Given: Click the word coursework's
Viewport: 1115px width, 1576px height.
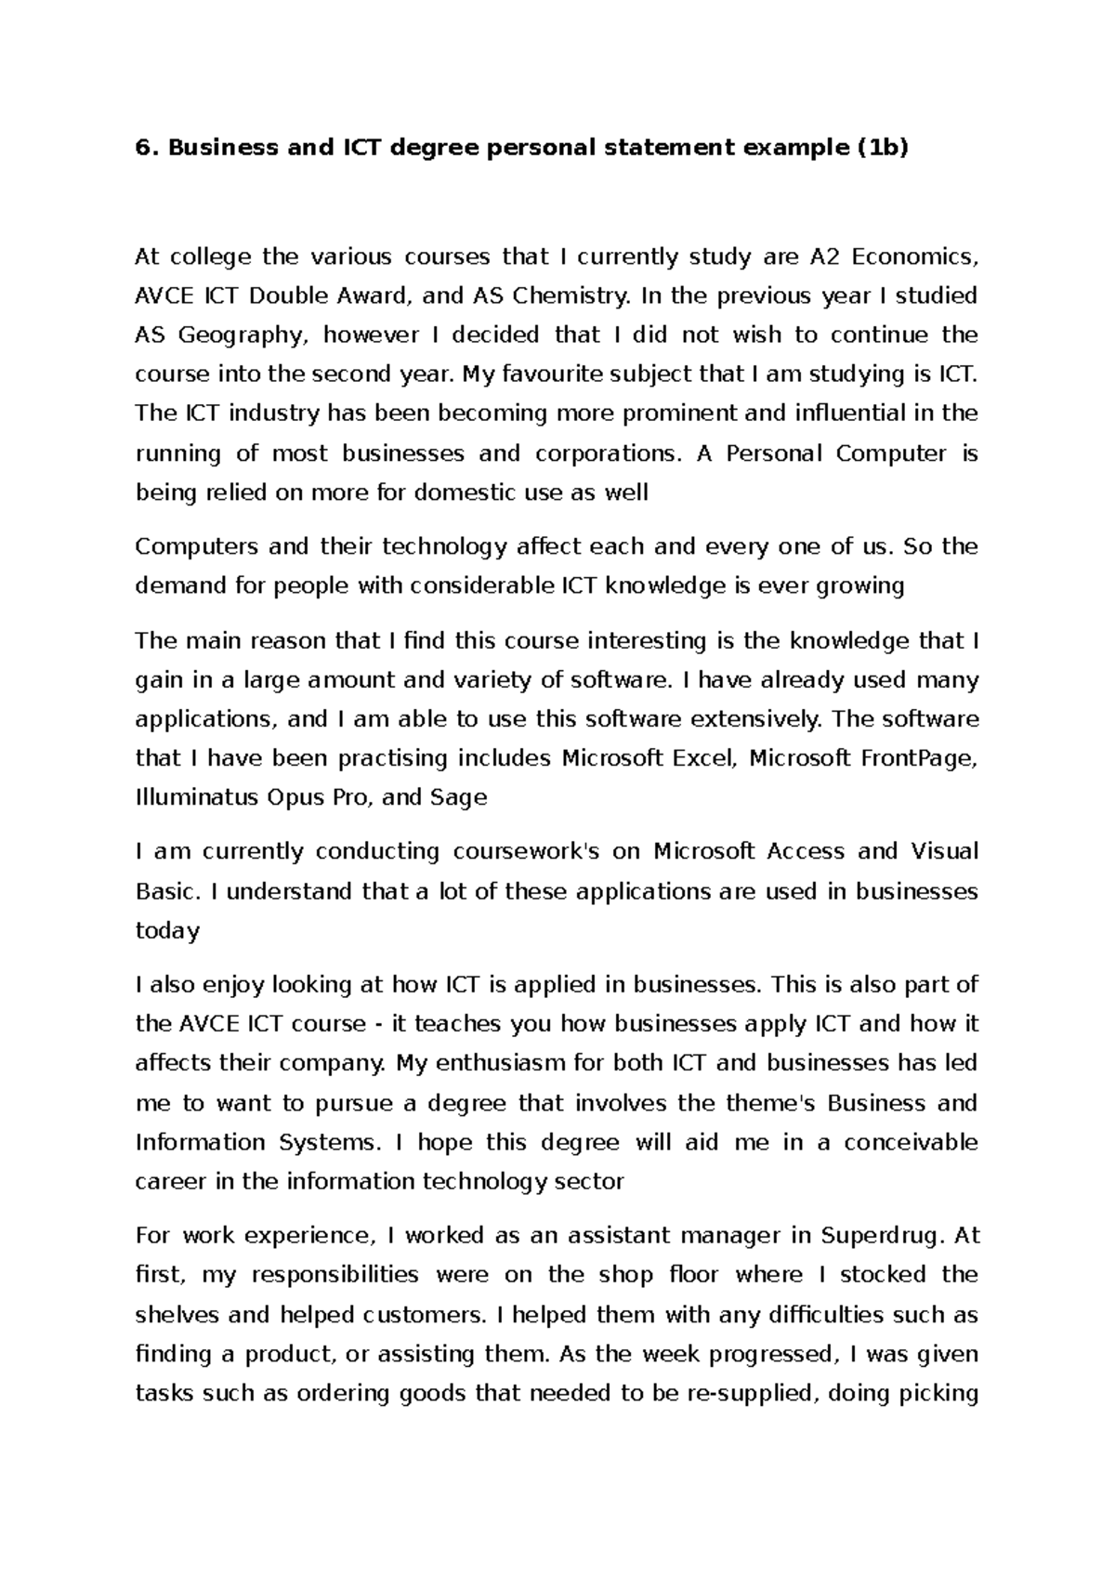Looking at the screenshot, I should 526,851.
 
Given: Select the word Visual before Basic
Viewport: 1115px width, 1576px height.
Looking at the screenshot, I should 943,851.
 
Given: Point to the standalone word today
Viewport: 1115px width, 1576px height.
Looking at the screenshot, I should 167,931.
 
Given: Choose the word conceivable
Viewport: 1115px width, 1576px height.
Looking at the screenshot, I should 911,1142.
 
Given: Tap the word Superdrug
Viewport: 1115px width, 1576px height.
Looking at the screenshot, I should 883,1236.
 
